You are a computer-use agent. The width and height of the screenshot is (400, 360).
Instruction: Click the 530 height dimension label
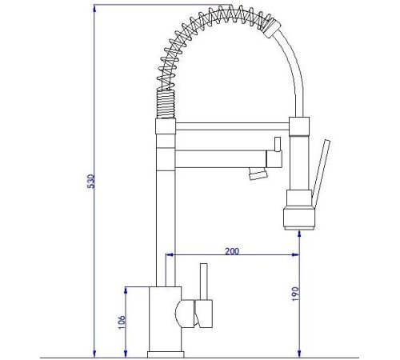pyautogui.click(x=91, y=182)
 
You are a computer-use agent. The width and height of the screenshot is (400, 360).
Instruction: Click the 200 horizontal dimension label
pyautogui.click(x=232, y=251)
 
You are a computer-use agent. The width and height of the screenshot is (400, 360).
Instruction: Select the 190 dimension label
pyautogui.click(x=295, y=294)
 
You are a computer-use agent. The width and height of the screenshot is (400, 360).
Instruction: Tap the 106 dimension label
pyautogui.click(x=122, y=322)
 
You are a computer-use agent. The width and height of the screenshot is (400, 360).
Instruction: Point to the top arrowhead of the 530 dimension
pyautogui.click(x=94, y=10)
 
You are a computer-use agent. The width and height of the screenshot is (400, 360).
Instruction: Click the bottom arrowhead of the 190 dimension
pyautogui.click(x=299, y=354)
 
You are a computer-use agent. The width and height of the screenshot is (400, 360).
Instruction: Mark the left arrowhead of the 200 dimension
pyautogui.click(x=170, y=254)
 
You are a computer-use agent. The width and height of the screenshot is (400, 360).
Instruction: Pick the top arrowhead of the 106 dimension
pyautogui.click(x=126, y=291)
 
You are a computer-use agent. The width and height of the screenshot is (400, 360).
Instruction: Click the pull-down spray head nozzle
pyautogui.click(x=299, y=218)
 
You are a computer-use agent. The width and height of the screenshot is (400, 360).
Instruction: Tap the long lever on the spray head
pyautogui.click(x=321, y=174)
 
